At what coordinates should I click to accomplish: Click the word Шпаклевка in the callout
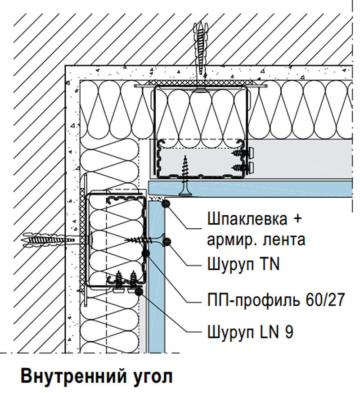point(247,218)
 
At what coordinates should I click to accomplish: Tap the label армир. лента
point(256,240)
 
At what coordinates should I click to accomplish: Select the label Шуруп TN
point(243,264)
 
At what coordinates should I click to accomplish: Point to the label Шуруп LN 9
point(250,332)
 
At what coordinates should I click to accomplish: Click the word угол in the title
point(152,377)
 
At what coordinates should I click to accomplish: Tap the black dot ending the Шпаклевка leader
point(166,203)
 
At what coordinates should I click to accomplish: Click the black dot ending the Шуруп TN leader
point(166,242)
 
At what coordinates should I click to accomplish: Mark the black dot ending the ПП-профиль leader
point(146,253)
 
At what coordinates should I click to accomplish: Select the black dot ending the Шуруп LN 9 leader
point(139,291)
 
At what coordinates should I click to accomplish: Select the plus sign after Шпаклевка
point(297,218)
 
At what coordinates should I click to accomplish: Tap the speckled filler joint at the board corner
point(155,198)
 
